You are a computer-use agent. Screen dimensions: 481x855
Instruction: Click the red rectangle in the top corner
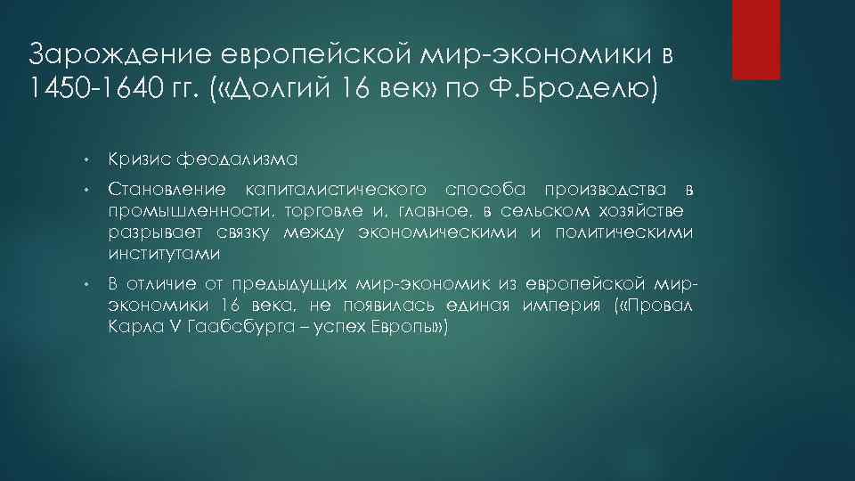click(755, 39)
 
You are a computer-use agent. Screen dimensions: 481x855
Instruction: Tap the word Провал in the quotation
click(660, 306)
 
